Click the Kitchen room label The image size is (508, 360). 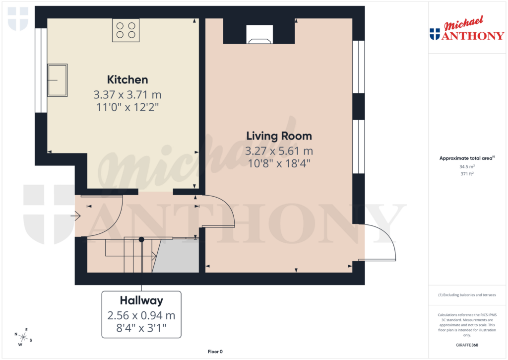(x=127, y=79)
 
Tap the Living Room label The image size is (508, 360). (x=279, y=136)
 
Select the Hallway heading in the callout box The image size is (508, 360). (x=141, y=300)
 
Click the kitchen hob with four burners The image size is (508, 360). (x=126, y=30)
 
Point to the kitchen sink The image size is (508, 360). (x=57, y=80)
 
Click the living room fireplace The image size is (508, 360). (x=259, y=34)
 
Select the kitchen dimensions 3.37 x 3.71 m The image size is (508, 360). (x=127, y=94)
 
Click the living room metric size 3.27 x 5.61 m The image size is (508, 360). (x=279, y=151)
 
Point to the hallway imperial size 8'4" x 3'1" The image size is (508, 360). (x=141, y=328)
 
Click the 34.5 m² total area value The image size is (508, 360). (x=467, y=167)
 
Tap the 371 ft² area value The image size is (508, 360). (x=467, y=174)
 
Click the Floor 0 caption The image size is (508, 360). (x=215, y=352)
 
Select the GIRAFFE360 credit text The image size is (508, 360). (x=467, y=345)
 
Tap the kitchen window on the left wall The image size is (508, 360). (x=38, y=70)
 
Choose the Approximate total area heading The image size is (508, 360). (x=467, y=158)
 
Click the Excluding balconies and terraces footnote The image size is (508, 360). (x=467, y=295)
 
